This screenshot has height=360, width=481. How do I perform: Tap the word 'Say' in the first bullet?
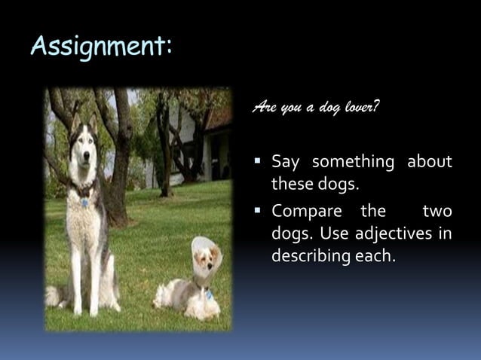click(286, 162)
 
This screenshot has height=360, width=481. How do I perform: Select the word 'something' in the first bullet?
click(353, 162)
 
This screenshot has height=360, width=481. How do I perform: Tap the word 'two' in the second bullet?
click(437, 210)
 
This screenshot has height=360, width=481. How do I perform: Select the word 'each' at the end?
click(378, 257)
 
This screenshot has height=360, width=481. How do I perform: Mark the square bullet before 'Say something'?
click(259, 160)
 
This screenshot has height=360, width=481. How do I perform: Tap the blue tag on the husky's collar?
click(84, 203)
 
